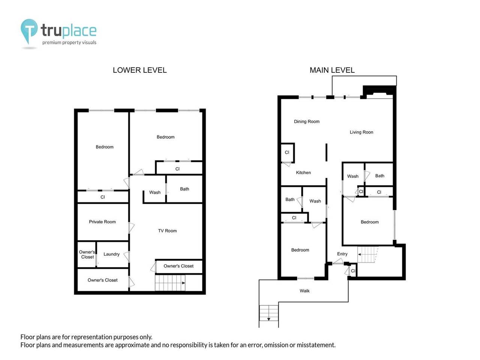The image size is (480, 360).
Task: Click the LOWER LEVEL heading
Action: click(x=139, y=70)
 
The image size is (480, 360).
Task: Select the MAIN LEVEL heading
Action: click(x=332, y=70)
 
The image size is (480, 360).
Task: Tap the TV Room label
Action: click(x=167, y=231)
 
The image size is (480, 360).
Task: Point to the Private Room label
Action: click(x=102, y=222)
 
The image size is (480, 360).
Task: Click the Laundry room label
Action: click(x=111, y=254)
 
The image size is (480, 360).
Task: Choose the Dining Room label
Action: click(x=306, y=121)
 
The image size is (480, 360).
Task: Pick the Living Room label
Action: click(x=361, y=132)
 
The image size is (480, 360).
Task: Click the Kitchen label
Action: click(x=303, y=173)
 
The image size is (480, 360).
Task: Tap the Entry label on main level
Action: click(x=342, y=254)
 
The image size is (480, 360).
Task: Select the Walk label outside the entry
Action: click(x=304, y=291)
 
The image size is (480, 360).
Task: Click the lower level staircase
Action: click(x=170, y=283)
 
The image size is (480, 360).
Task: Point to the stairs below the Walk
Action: click(x=269, y=313)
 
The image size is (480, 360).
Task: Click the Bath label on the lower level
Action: click(x=184, y=189)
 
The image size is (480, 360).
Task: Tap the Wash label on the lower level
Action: click(x=155, y=192)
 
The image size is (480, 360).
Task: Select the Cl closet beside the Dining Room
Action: click(x=287, y=153)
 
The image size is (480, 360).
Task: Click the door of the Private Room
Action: click(x=131, y=228)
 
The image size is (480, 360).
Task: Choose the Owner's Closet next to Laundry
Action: click(x=87, y=255)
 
